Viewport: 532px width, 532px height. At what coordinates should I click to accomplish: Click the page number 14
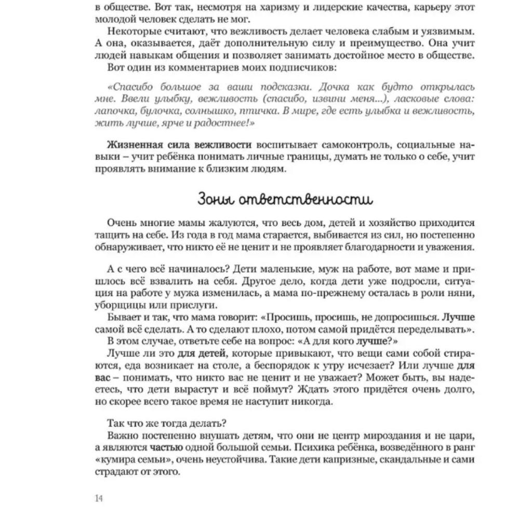[99, 498]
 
